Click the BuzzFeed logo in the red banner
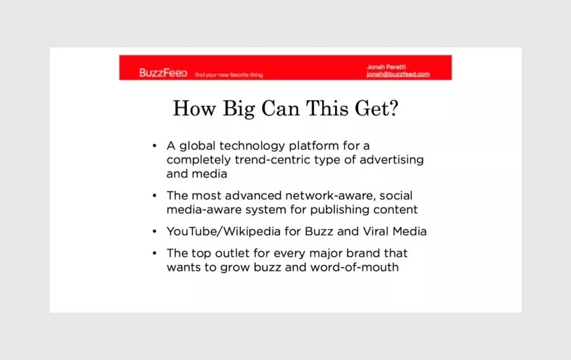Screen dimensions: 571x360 pyautogui.click(x=163, y=73)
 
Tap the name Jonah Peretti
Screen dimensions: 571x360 pyautogui.click(x=386, y=67)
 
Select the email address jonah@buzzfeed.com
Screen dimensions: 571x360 pyautogui.click(x=398, y=74)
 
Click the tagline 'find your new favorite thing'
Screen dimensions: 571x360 pyautogui.click(x=229, y=75)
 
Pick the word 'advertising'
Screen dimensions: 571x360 pyautogui.click(x=392, y=160)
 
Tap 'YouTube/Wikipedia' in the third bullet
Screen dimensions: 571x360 pyautogui.click(x=224, y=231)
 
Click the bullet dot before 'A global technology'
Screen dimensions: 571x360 pyautogui.click(x=154, y=146)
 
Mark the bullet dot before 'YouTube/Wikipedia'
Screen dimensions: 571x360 pyautogui.click(x=154, y=231)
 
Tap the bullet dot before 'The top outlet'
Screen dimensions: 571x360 pyautogui.click(x=154, y=253)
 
